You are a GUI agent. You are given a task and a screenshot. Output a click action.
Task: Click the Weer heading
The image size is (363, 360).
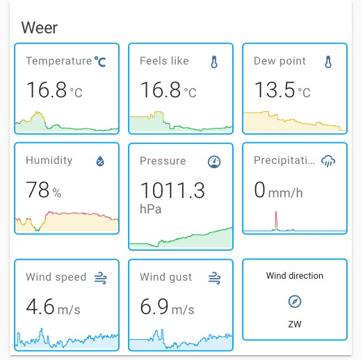[39, 28]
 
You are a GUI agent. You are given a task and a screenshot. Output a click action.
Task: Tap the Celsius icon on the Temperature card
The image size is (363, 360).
[101, 61]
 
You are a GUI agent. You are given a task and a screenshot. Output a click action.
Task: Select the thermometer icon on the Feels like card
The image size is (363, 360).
[214, 62]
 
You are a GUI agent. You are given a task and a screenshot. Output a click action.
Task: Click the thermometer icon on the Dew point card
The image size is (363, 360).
[328, 62]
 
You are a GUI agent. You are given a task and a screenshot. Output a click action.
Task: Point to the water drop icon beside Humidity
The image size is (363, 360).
[100, 161]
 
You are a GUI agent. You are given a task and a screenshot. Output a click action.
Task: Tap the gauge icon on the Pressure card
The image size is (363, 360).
[214, 162]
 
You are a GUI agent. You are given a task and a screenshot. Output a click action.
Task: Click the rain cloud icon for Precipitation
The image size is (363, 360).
[328, 161]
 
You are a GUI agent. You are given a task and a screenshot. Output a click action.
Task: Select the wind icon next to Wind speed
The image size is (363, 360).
[100, 277]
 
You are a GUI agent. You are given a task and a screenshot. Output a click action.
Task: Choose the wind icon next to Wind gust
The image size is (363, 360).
[214, 277]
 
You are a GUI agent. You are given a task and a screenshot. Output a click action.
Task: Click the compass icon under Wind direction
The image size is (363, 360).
[295, 302]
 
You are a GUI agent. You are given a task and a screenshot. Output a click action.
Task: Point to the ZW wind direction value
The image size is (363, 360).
[295, 324]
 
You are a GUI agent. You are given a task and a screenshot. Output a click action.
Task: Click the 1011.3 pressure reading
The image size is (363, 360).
[172, 190]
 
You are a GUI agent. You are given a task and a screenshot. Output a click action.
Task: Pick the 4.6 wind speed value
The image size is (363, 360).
[41, 306]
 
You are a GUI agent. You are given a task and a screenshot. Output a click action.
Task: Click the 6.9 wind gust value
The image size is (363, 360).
[155, 306]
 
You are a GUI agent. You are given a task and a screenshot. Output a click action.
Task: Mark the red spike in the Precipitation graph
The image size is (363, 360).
[275, 220]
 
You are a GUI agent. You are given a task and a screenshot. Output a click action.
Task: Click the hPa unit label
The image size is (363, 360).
[150, 208]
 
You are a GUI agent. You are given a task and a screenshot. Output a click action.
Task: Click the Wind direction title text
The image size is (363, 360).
[295, 276]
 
